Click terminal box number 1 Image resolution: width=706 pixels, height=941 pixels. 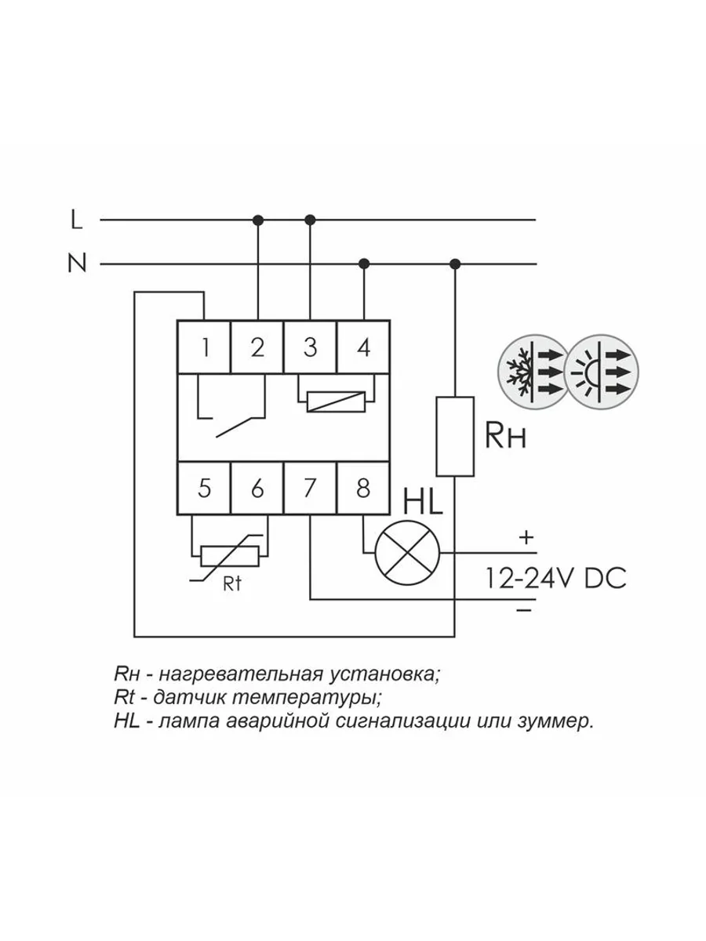pos(204,347)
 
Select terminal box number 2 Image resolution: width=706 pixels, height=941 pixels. pos(257,347)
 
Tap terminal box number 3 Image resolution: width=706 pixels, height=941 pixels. pos(310,347)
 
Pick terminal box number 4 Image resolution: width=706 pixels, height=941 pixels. pos(363,347)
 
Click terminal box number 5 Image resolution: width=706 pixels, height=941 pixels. pos(204,489)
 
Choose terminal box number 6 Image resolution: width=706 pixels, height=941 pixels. pos(257,489)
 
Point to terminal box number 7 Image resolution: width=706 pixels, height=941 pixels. pos(310,489)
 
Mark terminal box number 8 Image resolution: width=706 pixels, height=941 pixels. pos(363,489)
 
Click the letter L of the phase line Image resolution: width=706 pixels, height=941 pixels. pos(76,221)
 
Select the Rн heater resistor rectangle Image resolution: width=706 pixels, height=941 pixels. pos(455,436)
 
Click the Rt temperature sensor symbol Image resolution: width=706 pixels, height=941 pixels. pos(229,555)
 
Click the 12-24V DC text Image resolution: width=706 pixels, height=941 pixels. pos(555,578)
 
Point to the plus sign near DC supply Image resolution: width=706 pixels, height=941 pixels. pos(526,538)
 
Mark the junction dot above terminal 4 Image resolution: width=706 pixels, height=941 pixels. pos(363,262)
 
